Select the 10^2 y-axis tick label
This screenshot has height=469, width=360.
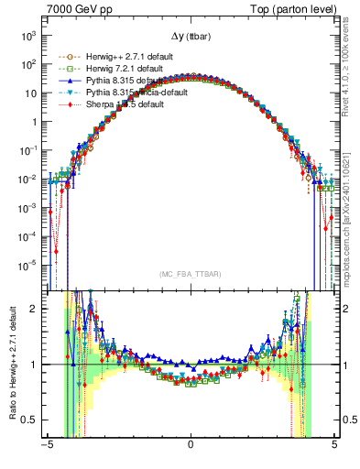point(27,64)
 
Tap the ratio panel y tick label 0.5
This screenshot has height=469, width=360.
point(28,420)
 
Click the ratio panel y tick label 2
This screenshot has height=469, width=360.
point(33,309)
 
